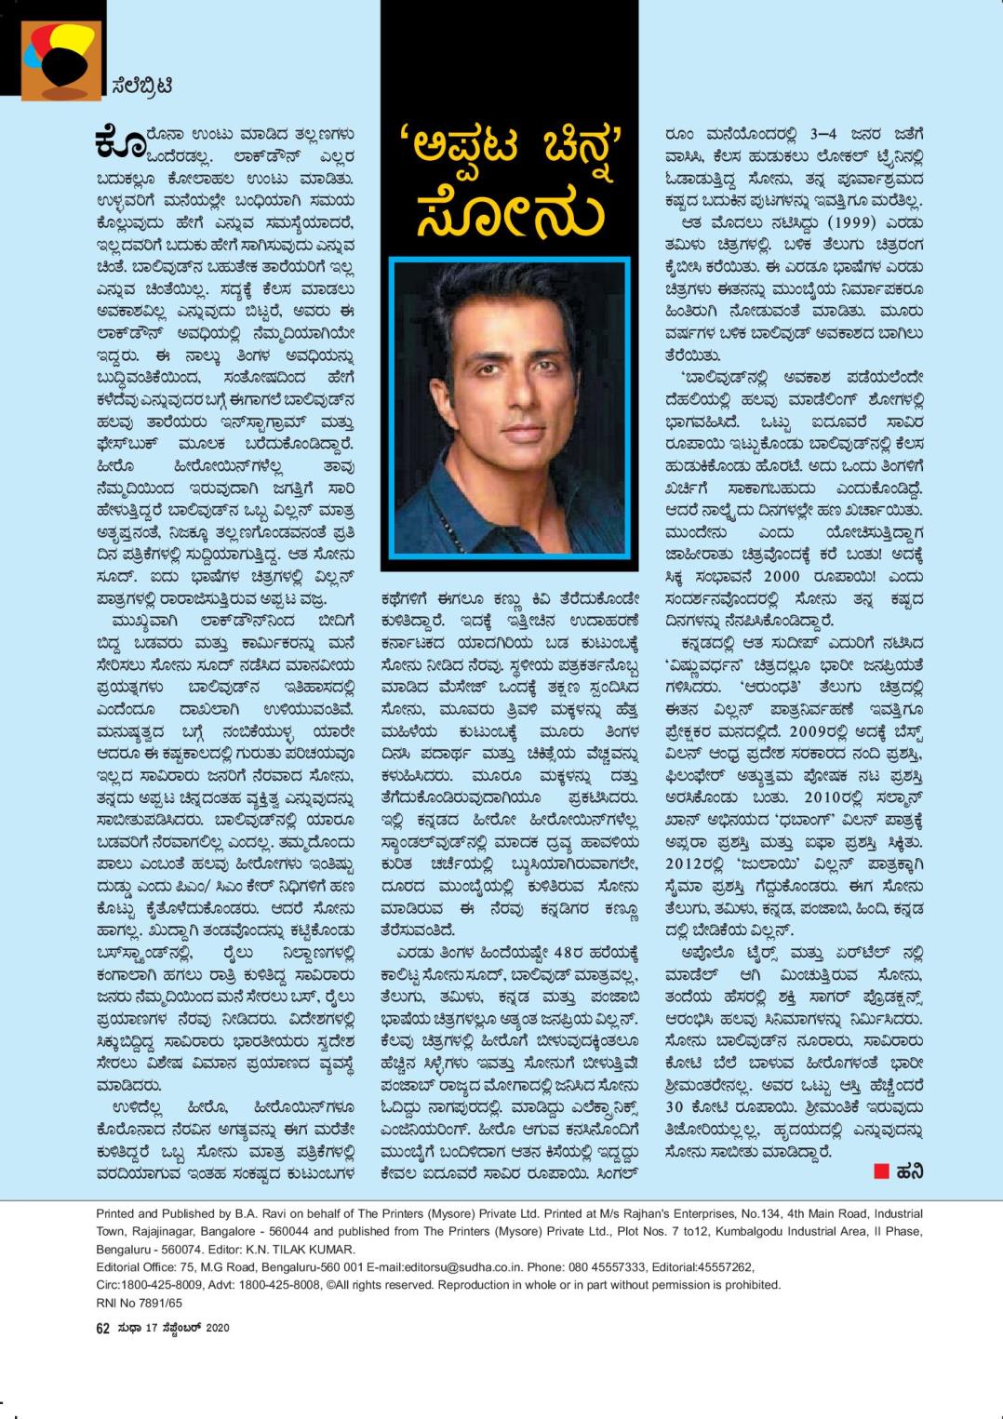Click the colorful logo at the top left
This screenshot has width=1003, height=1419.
61,59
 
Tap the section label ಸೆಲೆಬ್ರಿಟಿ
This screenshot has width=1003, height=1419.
140,87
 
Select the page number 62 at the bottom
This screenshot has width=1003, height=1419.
103,1328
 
